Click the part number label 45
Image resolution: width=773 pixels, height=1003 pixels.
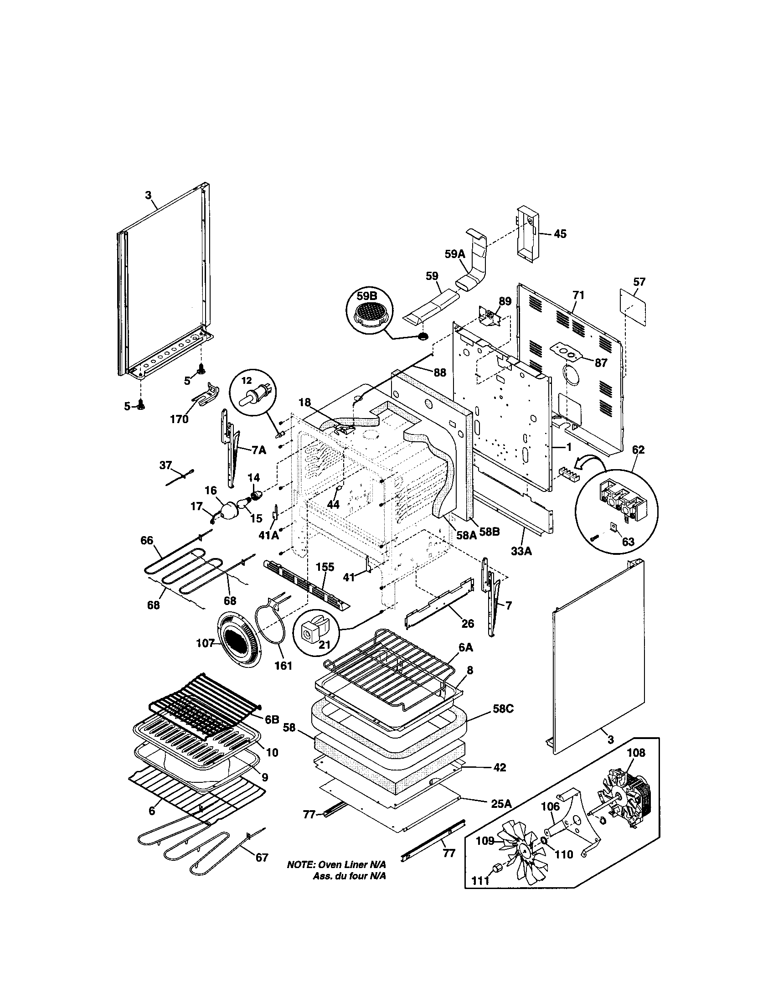pos(560,234)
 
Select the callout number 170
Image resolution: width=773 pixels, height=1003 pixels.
pos(179,419)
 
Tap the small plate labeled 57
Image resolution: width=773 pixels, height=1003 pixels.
pos(633,305)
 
